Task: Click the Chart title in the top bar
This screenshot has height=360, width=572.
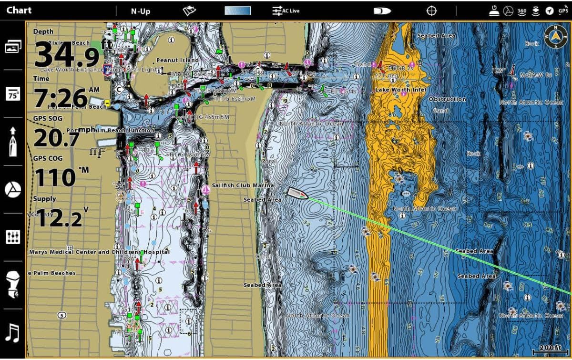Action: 19,10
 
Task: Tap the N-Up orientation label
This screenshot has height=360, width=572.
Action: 141,11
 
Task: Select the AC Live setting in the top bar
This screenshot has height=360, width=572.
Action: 286,10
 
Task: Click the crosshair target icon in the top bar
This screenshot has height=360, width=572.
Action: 431,10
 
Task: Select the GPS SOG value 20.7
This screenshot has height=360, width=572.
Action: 56,139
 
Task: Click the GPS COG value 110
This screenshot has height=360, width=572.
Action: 55,178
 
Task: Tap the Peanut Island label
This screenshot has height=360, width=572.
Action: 177,61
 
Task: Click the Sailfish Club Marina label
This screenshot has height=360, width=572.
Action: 243,185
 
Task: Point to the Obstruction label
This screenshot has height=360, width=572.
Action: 447,99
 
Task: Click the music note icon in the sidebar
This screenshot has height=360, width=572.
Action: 13,332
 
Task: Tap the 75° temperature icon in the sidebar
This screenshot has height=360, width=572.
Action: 13,94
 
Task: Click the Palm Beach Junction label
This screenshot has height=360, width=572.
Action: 125,130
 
